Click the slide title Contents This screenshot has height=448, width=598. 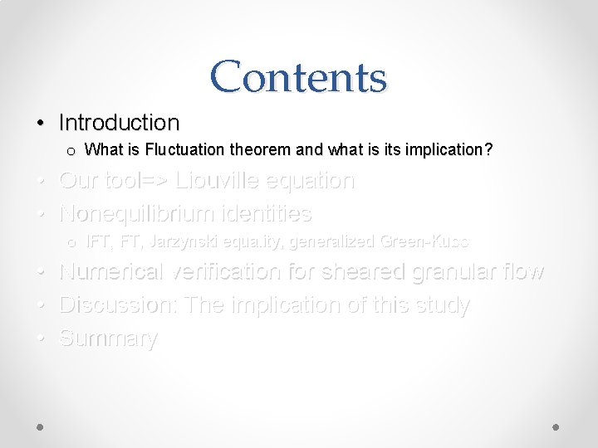pyautogui.click(x=298, y=77)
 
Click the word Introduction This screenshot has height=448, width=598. pyautogui.click(x=119, y=123)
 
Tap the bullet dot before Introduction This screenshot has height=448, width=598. pyautogui.click(x=41, y=124)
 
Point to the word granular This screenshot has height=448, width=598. pyautogui.click(x=452, y=272)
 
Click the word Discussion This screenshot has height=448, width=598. pyautogui.click(x=118, y=305)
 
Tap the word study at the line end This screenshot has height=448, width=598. pyautogui.click(x=441, y=305)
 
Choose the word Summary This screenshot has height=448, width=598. pyautogui.click(x=108, y=338)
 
